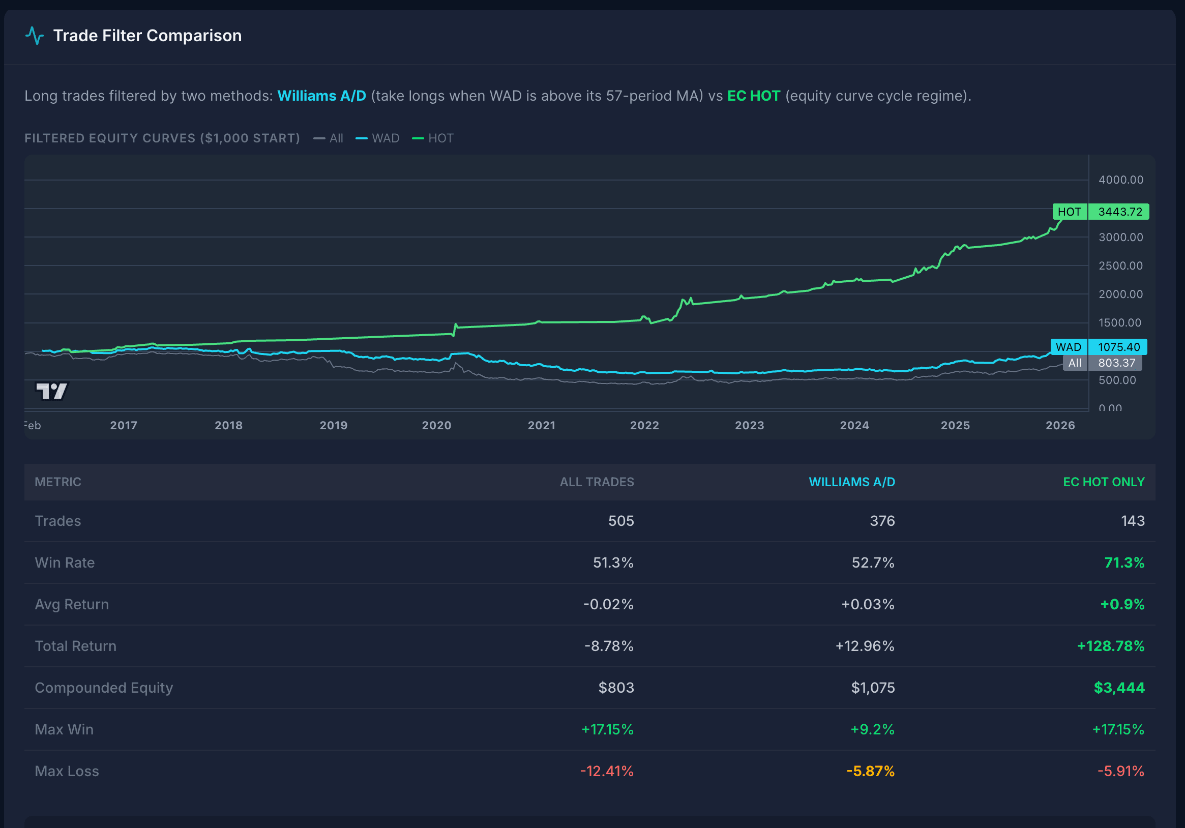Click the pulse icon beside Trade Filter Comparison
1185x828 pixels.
pyautogui.click(x=35, y=36)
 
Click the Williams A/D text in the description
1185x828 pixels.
pyautogui.click(x=321, y=96)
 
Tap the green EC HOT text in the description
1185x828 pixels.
pyautogui.click(x=754, y=96)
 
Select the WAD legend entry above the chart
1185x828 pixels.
pyautogui.click(x=378, y=138)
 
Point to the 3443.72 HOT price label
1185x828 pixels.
pyautogui.click(x=1119, y=212)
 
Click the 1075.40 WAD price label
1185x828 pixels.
pyautogui.click(x=1118, y=347)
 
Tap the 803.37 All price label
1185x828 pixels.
pyautogui.click(x=1116, y=363)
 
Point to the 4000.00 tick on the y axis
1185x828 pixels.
pyautogui.click(x=1120, y=180)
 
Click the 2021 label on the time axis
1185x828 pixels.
pyautogui.click(x=541, y=425)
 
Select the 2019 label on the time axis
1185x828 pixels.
pyautogui.click(x=334, y=425)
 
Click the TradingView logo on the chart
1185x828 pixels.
pyautogui.click(x=51, y=391)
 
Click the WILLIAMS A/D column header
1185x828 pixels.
pyautogui.click(x=851, y=482)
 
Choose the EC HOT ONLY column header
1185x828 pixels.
pyautogui.click(x=1104, y=482)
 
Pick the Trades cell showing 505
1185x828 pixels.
pyautogui.click(x=620, y=521)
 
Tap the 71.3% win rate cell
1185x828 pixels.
pyautogui.click(x=1124, y=563)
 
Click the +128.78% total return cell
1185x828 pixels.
pyautogui.click(x=1110, y=646)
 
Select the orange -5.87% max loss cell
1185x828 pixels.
pyautogui.click(x=870, y=771)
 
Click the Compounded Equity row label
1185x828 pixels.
pyautogui.click(x=104, y=688)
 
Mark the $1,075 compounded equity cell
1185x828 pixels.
pyautogui.click(x=872, y=688)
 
